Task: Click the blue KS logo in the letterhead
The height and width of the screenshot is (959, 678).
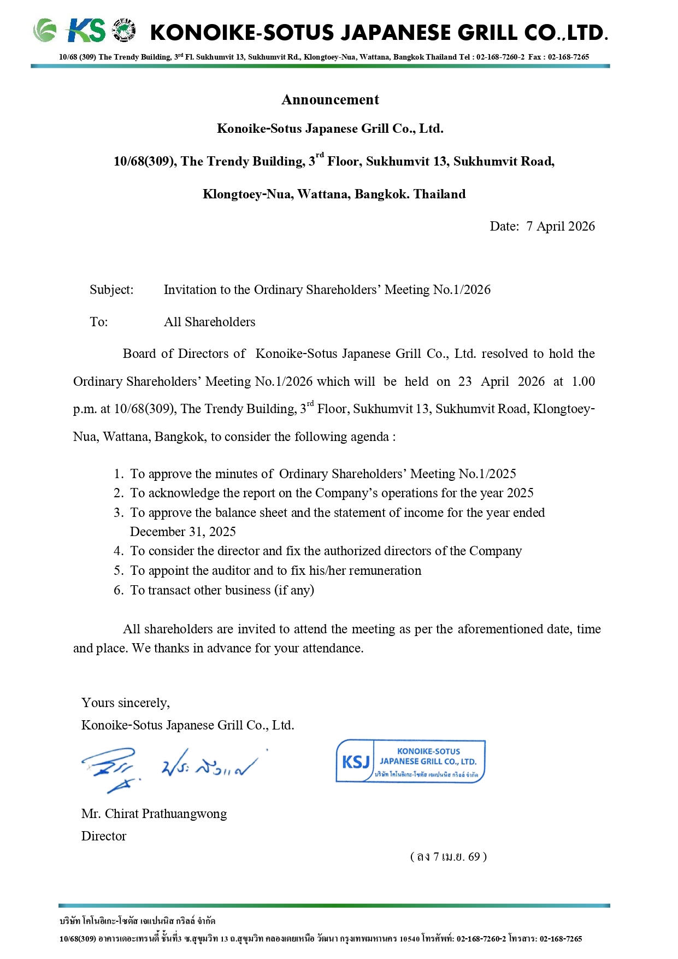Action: point(86,31)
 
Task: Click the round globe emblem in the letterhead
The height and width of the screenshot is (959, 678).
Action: point(124,31)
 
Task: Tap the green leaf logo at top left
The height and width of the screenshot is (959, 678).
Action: point(45,31)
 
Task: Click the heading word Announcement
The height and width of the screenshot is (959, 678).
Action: point(330,99)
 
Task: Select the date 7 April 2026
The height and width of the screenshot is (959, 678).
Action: point(561,226)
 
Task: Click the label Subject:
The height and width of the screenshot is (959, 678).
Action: point(111,290)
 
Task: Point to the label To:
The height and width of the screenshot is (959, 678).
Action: point(99,322)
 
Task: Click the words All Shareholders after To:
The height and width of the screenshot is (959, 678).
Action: point(210,322)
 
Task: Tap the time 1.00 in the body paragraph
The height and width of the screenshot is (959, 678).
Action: point(583,381)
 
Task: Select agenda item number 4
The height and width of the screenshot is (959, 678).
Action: point(119,551)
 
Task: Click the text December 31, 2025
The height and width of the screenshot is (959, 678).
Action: point(183,532)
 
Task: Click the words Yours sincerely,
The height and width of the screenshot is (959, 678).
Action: point(126,703)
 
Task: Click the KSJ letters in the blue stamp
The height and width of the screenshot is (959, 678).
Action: point(356,762)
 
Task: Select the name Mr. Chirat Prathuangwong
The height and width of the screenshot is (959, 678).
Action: point(154,814)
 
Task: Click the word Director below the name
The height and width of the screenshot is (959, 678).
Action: point(104,836)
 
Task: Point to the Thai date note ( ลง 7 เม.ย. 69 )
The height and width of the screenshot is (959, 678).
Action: point(449,856)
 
